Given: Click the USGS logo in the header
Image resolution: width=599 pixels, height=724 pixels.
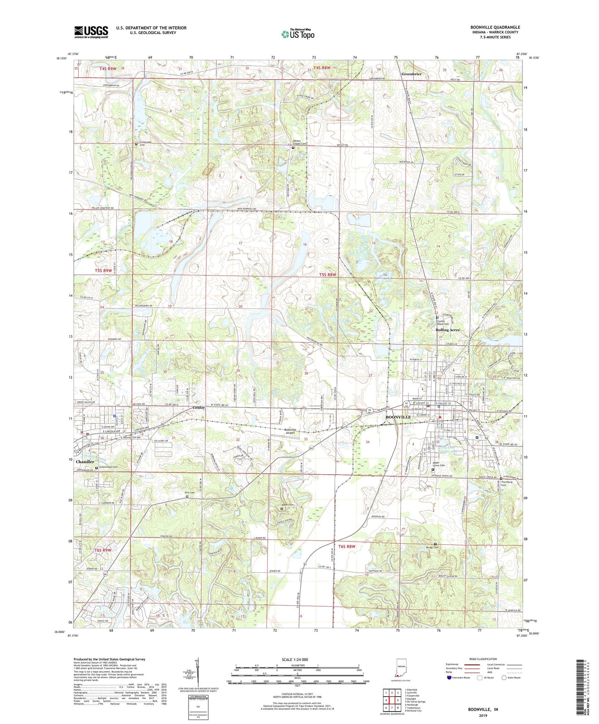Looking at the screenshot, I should click(x=91, y=32).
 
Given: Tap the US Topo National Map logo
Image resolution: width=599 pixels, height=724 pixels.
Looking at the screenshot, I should click(x=297, y=34).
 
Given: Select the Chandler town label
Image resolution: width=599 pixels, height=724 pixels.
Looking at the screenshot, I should click(x=85, y=462).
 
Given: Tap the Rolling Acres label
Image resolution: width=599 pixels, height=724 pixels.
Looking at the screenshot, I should click(x=448, y=330).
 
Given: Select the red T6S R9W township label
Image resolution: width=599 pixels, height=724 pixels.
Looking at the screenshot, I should click(x=103, y=550).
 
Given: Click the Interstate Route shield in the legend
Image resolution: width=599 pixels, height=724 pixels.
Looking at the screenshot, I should click(x=449, y=678).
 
